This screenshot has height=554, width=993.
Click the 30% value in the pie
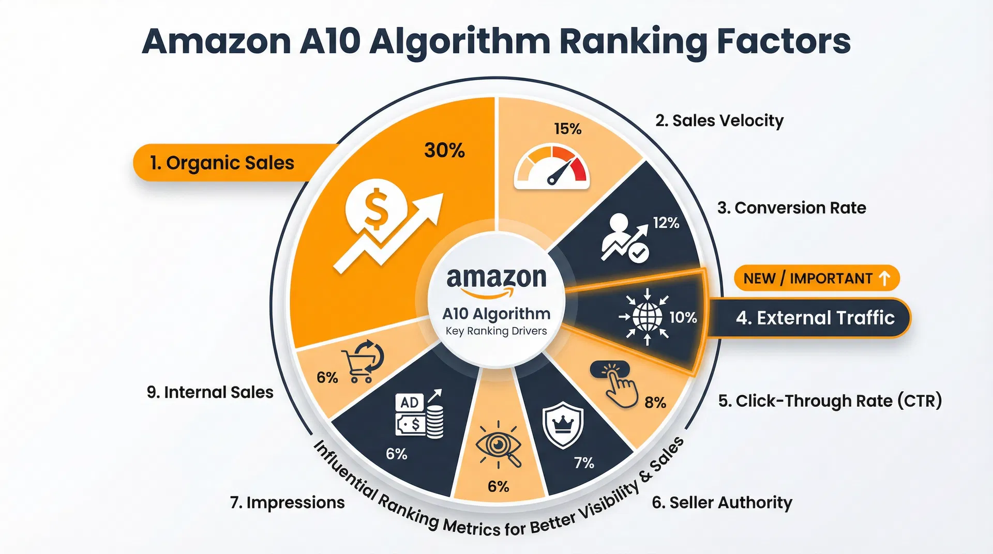[x=444, y=150]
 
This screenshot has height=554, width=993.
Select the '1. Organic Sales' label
[x=222, y=163]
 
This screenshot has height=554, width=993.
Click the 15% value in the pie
[x=567, y=129]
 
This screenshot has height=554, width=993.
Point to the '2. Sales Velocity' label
[x=719, y=120]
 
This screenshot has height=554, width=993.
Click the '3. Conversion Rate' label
[x=791, y=208]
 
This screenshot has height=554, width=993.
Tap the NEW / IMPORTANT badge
[x=816, y=279]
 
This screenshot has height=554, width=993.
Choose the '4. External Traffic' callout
[x=815, y=317]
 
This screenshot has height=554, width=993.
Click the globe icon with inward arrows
[x=646, y=317]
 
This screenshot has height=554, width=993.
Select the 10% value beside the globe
[x=683, y=317]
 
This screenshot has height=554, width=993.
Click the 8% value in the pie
[x=655, y=403]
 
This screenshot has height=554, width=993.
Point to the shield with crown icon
[x=563, y=425]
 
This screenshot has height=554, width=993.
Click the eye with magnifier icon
[x=498, y=445]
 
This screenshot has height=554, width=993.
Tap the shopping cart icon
[x=363, y=361]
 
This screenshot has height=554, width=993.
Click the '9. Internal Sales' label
[x=210, y=392]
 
